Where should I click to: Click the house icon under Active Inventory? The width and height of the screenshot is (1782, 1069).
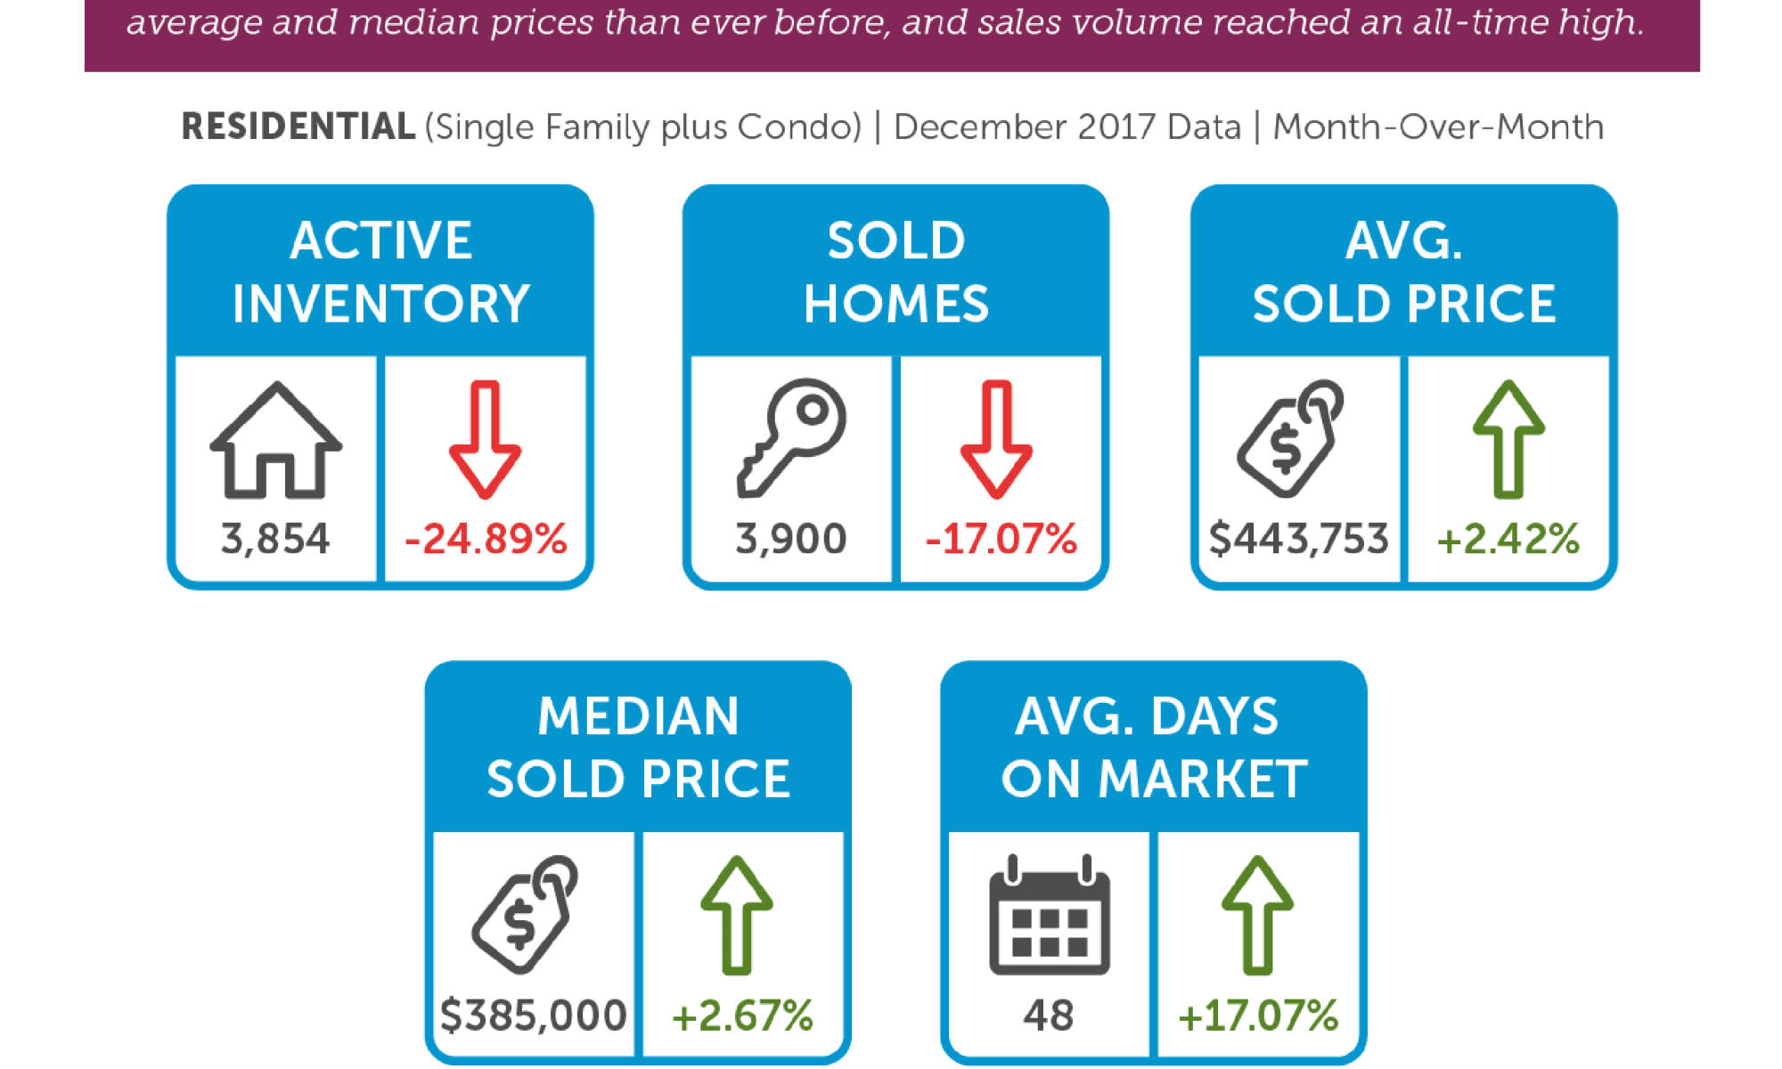(275, 440)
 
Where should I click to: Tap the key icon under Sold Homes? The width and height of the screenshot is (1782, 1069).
(791, 437)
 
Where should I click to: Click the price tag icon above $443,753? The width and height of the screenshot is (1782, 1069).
(1289, 438)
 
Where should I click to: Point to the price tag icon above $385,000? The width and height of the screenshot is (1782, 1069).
(525, 915)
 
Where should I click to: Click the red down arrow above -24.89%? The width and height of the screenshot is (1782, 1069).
(485, 439)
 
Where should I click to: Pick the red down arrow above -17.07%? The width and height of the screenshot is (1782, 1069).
(996, 439)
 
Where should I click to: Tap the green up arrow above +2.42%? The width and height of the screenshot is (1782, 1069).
(1508, 439)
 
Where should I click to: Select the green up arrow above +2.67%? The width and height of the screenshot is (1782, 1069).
(736, 915)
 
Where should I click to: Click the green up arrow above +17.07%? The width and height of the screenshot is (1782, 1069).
(1257, 915)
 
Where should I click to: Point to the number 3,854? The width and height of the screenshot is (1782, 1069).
(275, 539)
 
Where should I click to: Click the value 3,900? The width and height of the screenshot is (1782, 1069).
(790, 539)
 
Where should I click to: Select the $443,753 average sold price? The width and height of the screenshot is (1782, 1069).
(1298, 539)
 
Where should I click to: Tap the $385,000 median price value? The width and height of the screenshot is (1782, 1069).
(533, 1016)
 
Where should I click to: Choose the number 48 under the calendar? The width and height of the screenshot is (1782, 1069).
(1049, 1016)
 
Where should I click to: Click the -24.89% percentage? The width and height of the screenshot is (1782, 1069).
(486, 539)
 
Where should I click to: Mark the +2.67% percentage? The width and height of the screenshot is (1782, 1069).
(742, 1016)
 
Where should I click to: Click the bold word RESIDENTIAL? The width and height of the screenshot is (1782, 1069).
(298, 127)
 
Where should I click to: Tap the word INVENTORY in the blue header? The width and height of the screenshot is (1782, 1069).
(380, 304)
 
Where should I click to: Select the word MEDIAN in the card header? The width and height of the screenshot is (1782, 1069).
(638, 716)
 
